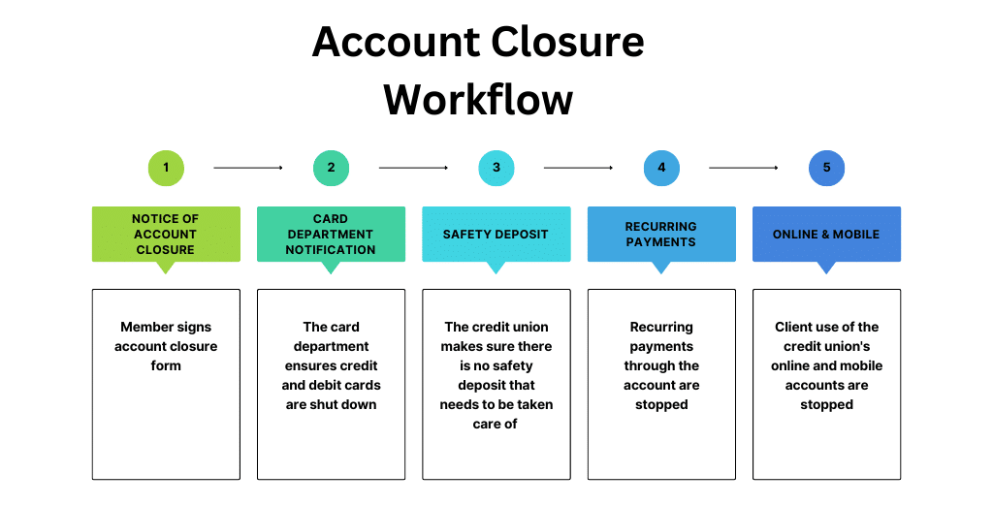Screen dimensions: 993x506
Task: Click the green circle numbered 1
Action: [x=166, y=168]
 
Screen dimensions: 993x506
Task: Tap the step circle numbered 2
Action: [x=332, y=168]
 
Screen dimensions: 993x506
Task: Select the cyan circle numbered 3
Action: [x=496, y=168]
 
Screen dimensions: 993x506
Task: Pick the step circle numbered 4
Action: [x=661, y=168]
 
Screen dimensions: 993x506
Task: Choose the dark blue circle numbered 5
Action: [x=826, y=168]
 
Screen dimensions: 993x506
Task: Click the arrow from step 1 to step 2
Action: [x=248, y=168]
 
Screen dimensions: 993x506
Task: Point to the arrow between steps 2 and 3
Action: [x=413, y=168]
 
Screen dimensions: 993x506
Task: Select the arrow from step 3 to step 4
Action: [x=578, y=168]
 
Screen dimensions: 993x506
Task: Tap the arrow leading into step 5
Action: [x=744, y=168]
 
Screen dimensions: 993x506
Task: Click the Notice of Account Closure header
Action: [x=166, y=235]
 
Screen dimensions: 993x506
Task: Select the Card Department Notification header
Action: [x=332, y=235]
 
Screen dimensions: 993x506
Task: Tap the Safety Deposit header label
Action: [x=496, y=235]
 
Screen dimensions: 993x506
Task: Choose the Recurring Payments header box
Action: [x=661, y=235]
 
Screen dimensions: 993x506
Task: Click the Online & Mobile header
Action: [x=826, y=235]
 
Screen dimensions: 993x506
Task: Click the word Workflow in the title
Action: [x=478, y=100]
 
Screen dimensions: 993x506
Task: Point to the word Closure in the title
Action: [x=566, y=42]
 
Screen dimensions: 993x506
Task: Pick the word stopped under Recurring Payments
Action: [x=661, y=404]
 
